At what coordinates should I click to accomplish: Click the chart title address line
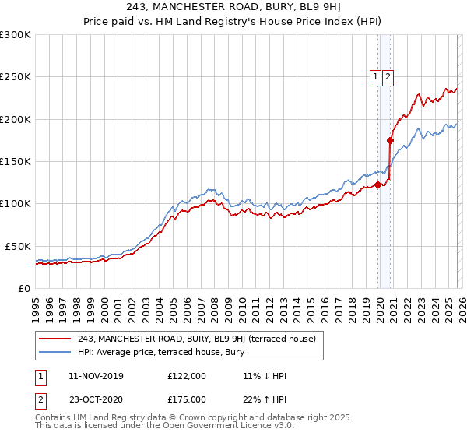click(x=233, y=9)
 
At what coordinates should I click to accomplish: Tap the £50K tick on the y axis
click(x=18, y=246)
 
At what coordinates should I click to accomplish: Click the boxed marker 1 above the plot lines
click(x=376, y=76)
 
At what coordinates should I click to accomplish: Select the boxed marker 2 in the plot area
click(x=388, y=76)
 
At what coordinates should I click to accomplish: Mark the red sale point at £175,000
click(x=391, y=141)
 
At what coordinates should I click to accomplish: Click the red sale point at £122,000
click(x=378, y=185)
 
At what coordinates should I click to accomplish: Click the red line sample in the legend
click(x=56, y=339)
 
